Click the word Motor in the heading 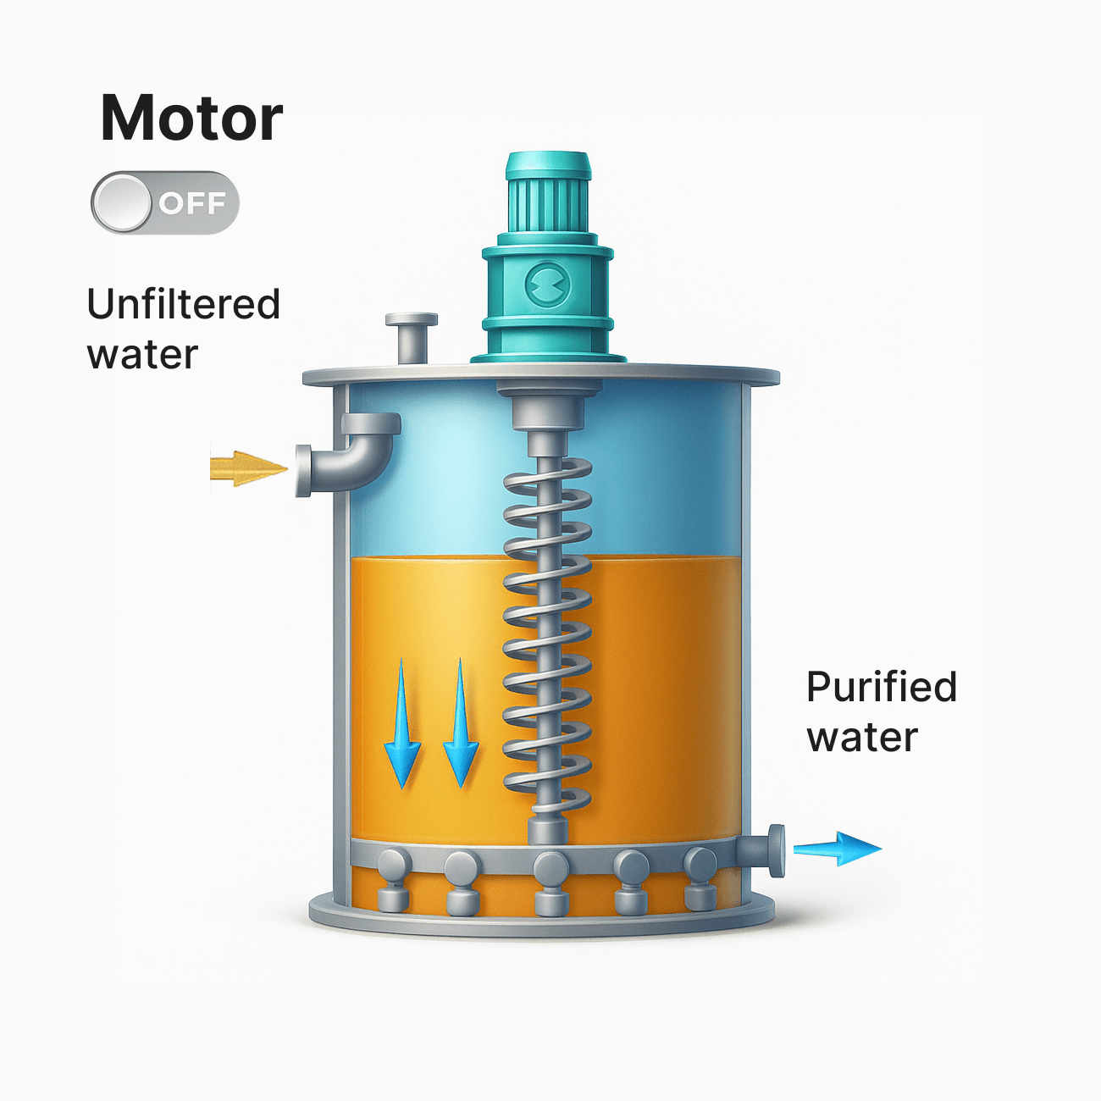191,118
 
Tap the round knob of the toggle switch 123,203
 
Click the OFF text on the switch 192,203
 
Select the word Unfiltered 183,304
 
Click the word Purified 881,687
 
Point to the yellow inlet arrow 246,468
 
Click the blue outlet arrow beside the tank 837,848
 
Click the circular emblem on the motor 548,285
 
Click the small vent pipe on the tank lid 412,336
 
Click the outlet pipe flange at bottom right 775,849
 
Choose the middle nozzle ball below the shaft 550,868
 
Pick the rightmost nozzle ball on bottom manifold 700,865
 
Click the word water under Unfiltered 142,354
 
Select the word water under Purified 861,737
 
